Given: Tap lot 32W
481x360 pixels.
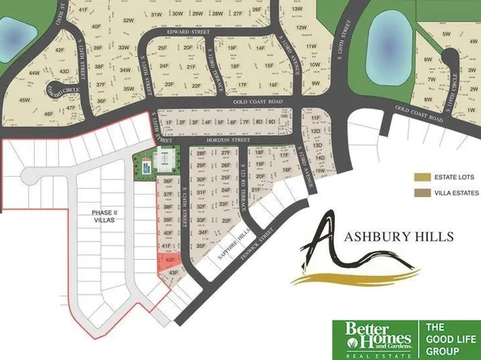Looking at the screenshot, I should [x=127, y=19].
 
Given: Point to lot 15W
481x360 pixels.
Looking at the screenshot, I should [x=320, y=171].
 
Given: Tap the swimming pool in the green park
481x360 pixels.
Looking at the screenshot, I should [x=146, y=170].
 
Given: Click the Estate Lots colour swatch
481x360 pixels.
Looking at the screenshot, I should [x=422, y=176].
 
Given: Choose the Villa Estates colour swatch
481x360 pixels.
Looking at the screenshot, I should [x=422, y=194].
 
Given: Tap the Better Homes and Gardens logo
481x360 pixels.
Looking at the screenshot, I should [x=372, y=338].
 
